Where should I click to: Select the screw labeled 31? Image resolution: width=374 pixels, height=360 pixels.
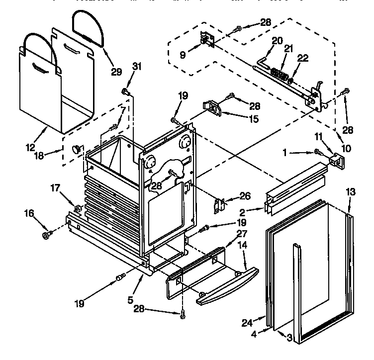(x=125, y=91)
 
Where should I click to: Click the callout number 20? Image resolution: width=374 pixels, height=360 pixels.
(x=277, y=40)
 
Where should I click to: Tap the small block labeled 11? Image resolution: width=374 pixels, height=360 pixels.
(x=336, y=159)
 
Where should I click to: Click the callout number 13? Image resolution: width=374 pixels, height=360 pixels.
(x=351, y=192)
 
